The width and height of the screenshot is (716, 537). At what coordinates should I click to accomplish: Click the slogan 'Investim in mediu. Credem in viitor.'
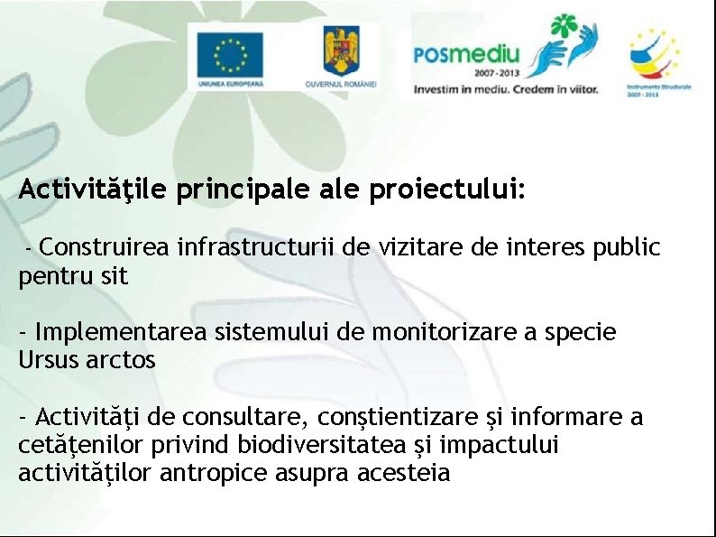(505, 89)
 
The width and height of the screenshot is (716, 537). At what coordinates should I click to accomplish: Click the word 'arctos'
(121, 360)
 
